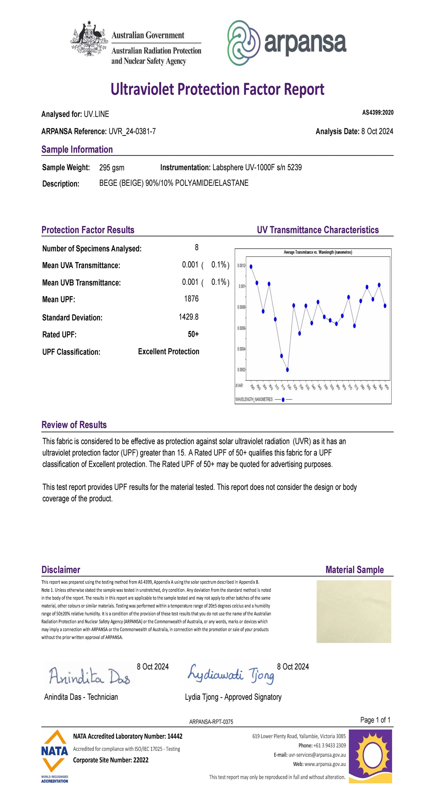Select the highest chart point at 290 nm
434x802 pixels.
(x=251, y=266)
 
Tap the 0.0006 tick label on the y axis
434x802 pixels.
(x=241, y=328)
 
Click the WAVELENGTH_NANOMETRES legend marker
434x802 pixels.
(x=283, y=400)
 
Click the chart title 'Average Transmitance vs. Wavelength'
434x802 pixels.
(x=318, y=252)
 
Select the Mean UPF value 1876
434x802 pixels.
(x=191, y=299)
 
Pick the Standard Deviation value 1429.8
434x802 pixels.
(x=189, y=317)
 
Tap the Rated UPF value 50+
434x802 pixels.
(x=193, y=334)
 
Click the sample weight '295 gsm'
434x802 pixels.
(x=112, y=168)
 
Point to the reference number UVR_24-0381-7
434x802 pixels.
(x=132, y=131)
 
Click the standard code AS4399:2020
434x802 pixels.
(x=378, y=113)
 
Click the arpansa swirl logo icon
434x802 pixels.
(x=244, y=43)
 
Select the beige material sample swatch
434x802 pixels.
(x=354, y=611)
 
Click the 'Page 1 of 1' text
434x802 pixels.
(x=375, y=720)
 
